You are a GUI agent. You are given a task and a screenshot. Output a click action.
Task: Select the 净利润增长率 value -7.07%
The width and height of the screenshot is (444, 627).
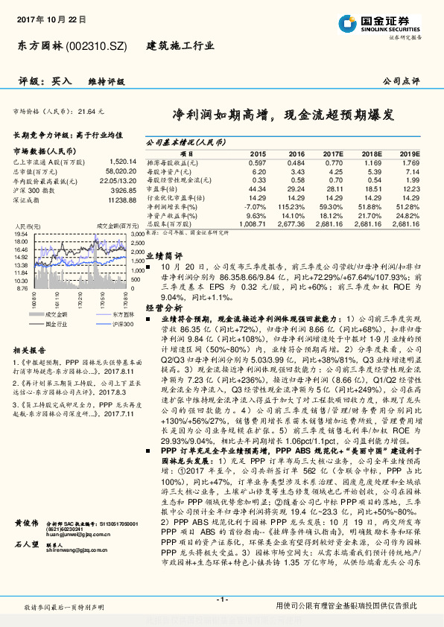coord(255,206)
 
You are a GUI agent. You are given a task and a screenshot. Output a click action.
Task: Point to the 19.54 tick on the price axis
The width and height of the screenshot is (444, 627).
coord(21,234)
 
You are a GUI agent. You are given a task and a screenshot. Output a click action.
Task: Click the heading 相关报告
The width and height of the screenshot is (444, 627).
coord(30,349)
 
